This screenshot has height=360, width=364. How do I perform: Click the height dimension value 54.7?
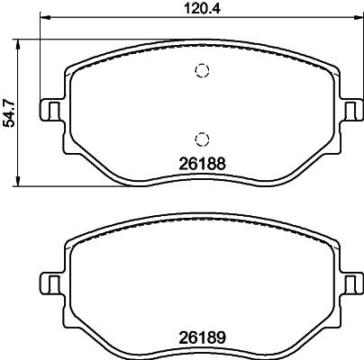pyautogui.click(x=10, y=112)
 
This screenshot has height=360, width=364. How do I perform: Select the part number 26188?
pyautogui.click(x=202, y=165)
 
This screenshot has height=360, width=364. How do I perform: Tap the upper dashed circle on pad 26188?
pyautogui.click(x=202, y=72)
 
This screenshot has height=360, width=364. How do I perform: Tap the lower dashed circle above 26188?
pyautogui.click(x=202, y=138)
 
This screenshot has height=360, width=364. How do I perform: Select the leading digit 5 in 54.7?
pyautogui.click(x=10, y=125)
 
